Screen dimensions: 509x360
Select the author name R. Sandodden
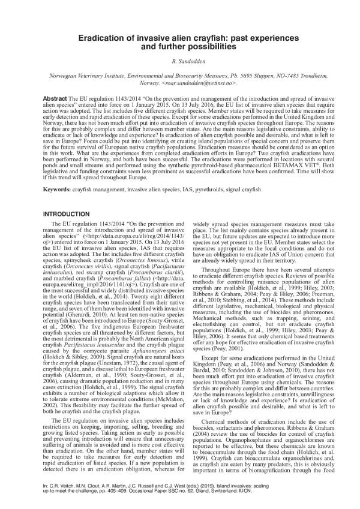[180, 62]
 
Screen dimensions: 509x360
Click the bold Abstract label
[55, 97]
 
